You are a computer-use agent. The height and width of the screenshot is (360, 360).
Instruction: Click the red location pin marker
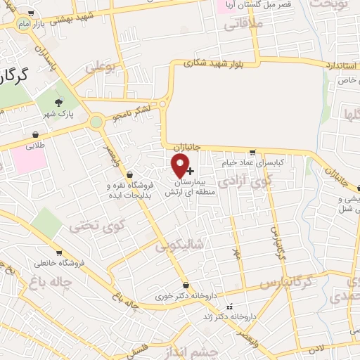click(x=181, y=166)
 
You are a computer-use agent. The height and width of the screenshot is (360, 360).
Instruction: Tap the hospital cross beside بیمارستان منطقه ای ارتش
click(x=191, y=170)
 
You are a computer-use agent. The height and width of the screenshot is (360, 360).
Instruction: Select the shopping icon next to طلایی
click(x=35, y=134)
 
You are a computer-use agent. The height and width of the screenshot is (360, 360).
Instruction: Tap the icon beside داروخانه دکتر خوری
click(x=185, y=285)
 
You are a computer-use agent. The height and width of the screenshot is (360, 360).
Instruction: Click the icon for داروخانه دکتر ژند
click(x=229, y=307)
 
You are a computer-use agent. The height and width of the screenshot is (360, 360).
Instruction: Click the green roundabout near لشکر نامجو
click(x=95, y=122)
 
